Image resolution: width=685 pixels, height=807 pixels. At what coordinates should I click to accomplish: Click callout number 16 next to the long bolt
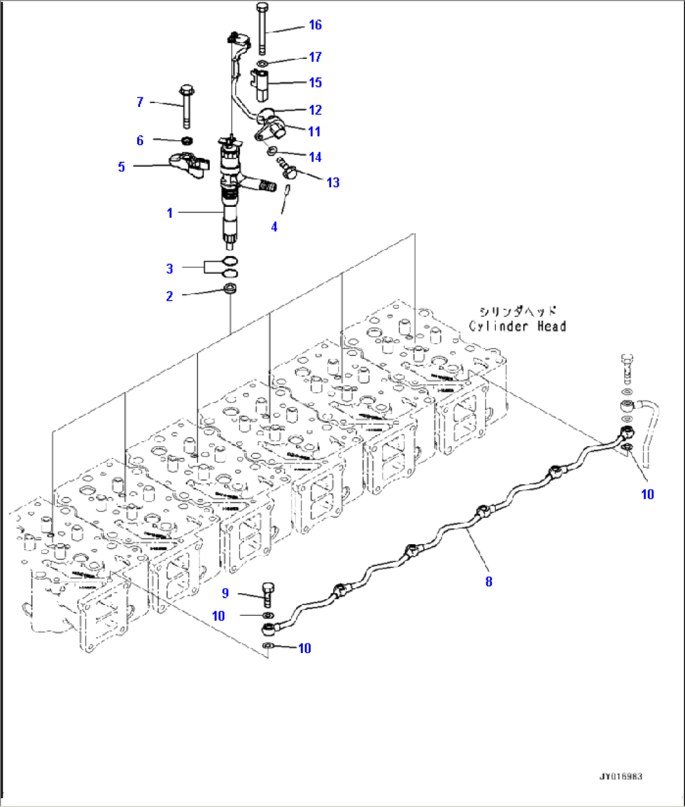(315, 25)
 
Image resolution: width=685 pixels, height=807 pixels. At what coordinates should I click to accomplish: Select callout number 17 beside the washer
(315, 57)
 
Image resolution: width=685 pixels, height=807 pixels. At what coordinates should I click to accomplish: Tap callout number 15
(315, 82)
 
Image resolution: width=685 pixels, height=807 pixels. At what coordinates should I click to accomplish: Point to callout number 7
(140, 102)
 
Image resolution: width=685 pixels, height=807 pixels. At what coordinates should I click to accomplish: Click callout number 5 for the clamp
(121, 167)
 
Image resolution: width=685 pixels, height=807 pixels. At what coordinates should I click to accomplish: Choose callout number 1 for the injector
(169, 213)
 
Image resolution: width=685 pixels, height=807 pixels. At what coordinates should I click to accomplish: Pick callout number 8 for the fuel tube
(489, 581)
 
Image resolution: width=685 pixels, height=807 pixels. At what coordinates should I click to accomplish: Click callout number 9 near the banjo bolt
(225, 593)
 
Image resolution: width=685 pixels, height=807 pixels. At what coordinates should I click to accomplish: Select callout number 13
(332, 182)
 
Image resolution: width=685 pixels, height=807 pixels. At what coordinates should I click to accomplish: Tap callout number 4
(274, 227)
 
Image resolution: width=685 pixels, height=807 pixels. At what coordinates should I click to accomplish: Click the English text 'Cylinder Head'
(517, 326)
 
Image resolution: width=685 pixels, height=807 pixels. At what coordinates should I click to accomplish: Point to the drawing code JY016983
(620, 777)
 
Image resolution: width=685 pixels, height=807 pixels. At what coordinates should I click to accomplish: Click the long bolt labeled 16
(263, 28)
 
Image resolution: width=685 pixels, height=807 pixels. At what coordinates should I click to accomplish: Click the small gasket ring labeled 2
(231, 289)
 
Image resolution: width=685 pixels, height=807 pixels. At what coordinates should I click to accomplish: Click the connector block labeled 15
(262, 84)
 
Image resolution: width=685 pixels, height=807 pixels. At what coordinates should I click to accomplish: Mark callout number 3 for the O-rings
(169, 269)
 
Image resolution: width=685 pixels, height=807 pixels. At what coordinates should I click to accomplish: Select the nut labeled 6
(187, 140)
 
